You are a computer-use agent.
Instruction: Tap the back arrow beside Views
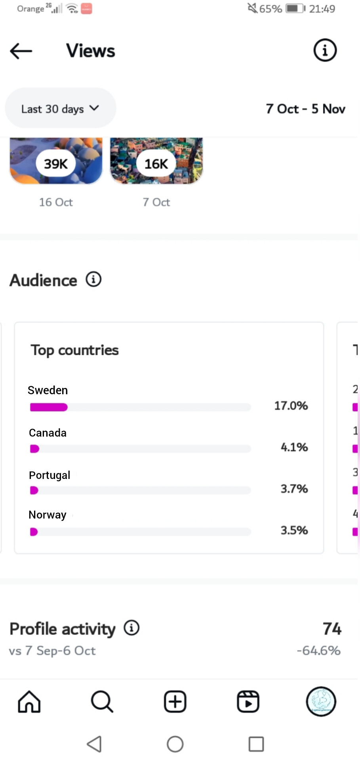tap(21, 51)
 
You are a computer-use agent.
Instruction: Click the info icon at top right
tap(325, 50)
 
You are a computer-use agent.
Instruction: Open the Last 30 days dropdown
tap(60, 108)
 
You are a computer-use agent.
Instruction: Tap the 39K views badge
tap(55, 163)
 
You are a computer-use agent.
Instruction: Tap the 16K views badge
tap(156, 163)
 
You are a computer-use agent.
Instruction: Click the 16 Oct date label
tap(56, 202)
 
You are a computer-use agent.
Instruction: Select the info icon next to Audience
tap(94, 279)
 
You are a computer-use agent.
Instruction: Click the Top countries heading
tap(75, 350)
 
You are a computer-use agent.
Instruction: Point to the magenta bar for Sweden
tap(49, 407)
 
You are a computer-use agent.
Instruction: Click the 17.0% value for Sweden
tap(291, 406)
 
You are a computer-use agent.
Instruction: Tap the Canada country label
tap(48, 433)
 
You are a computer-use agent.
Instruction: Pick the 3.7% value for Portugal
tap(294, 489)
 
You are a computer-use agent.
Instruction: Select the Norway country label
tap(48, 515)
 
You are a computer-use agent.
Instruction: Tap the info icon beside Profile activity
tap(131, 628)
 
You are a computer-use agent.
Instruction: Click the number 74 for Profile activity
tap(332, 629)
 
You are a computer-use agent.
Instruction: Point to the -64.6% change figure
tap(319, 651)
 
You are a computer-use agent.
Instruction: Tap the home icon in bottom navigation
tap(29, 702)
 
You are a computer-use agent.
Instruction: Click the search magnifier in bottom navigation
tap(102, 702)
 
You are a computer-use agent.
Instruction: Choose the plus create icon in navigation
tap(175, 702)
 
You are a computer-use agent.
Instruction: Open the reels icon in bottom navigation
tap(248, 702)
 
